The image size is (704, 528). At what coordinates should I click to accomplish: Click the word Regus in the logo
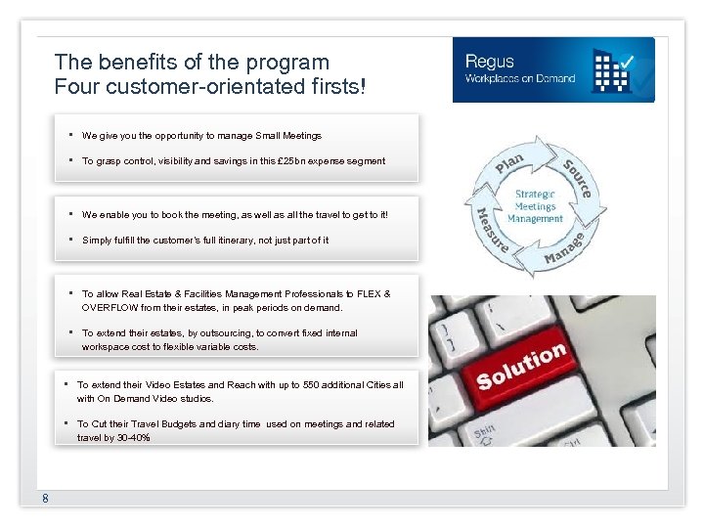click(490, 61)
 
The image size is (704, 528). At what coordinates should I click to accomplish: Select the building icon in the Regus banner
click(613, 69)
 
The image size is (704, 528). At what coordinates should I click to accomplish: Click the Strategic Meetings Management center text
click(535, 206)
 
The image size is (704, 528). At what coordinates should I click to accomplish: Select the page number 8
click(45, 500)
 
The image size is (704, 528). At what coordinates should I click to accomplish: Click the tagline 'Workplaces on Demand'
click(520, 78)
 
